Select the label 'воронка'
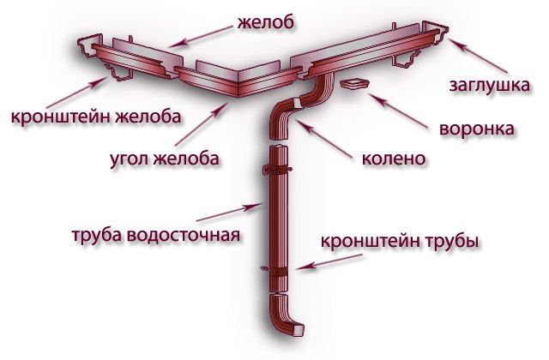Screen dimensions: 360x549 pos(476,130)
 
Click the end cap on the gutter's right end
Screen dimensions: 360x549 pos(443,36)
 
